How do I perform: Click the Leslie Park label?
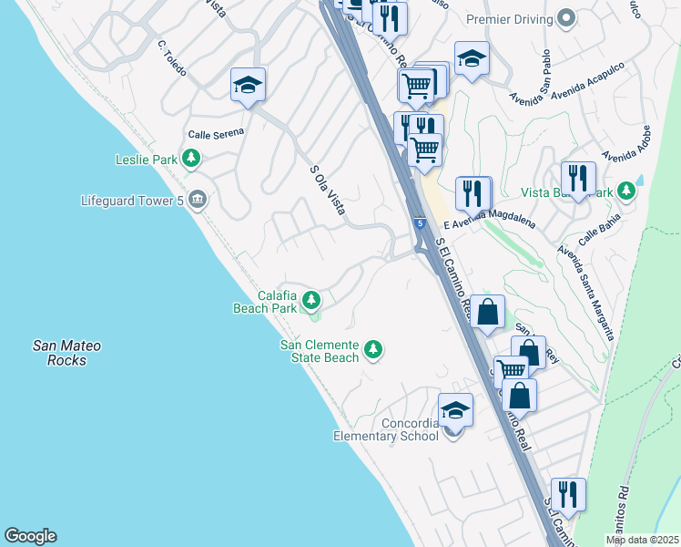coord(146,160)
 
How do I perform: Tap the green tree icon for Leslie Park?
coord(191,160)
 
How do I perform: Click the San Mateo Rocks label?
coord(66,353)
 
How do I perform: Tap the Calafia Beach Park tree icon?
coord(311,299)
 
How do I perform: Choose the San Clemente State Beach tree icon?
coord(372,349)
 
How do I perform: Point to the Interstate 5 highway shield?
coord(419,222)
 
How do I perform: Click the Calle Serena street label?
coord(216,133)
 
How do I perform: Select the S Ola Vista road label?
coord(327,190)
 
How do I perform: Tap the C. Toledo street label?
coord(170,57)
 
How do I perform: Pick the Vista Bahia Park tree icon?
coord(625,191)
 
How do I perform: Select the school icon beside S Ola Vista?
coord(248,85)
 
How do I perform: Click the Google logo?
coord(30,536)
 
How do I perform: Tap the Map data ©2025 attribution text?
coord(641,540)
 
